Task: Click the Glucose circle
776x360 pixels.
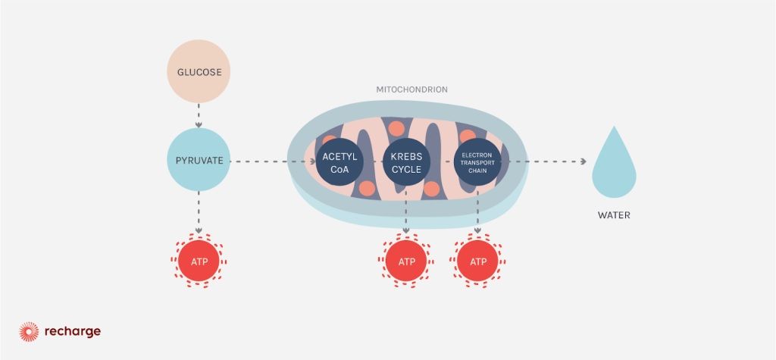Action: pyautogui.click(x=198, y=74)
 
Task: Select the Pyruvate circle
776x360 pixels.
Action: pyautogui.click(x=198, y=161)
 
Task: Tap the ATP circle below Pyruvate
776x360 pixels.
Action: pyautogui.click(x=198, y=262)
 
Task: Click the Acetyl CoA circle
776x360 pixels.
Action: pyautogui.click(x=340, y=161)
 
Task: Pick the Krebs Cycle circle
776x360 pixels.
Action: pyautogui.click(x=406, y=161)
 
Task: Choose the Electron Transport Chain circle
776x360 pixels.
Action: pyautogui.click(x=477, y=161)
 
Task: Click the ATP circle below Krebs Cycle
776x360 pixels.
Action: pyautogui.click(x=406, y=262)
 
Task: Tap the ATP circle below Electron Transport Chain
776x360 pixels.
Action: pyautogui.click(x=477, y=262)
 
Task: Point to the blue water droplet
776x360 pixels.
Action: pyautogui.click(x=613, y=170)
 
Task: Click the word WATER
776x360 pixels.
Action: pyautogui.click(x=613, y=215)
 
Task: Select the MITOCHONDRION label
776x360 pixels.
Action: pyautogui.click(x=412, y=89)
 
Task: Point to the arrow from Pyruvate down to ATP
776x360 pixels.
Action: pyautogui.click(x=198, y=212)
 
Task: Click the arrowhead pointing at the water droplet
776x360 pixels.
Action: pyautogui.click(x=583, y=161)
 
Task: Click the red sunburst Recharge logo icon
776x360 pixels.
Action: pyautogui.click(x=29, y=331)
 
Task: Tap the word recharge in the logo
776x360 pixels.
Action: pyautogui.click(x=71, y=331)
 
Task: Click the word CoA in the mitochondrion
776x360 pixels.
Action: pyautogui.click(x=340, y=169)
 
